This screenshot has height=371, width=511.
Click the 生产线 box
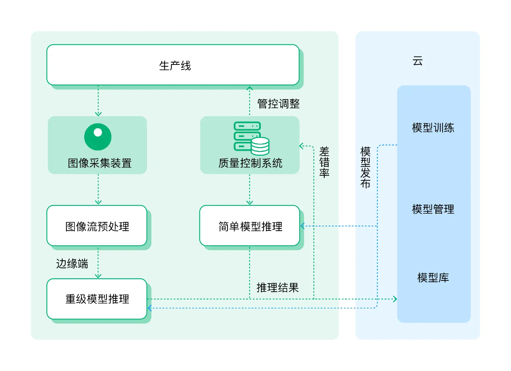point(173,65)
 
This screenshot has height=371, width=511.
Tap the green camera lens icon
point(98,137)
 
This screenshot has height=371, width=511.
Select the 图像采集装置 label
point(99,163)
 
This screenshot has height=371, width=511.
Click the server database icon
point(251,138)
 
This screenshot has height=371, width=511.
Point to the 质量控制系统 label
point(250,163)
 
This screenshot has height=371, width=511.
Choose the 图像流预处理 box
point(97,226)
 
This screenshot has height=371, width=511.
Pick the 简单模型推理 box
point(250,226)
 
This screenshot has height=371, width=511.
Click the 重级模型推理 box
point(97,299)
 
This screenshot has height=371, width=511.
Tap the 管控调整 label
point(278,104)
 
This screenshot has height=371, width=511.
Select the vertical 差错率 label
point(324,162)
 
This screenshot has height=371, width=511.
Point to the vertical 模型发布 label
point(365,167)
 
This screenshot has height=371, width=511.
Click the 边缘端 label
point(72,264)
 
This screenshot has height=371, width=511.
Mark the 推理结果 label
point(277,287)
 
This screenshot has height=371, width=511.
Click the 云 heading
point(418,61)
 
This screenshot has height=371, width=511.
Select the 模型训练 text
point(433,128)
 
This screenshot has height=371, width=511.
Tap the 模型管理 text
point(433,209)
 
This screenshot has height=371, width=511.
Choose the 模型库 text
point(433,278)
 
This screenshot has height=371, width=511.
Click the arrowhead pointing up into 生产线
point(250,89)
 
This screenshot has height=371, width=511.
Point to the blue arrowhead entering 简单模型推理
point(303,226)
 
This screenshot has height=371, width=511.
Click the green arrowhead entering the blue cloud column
point(395,299)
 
